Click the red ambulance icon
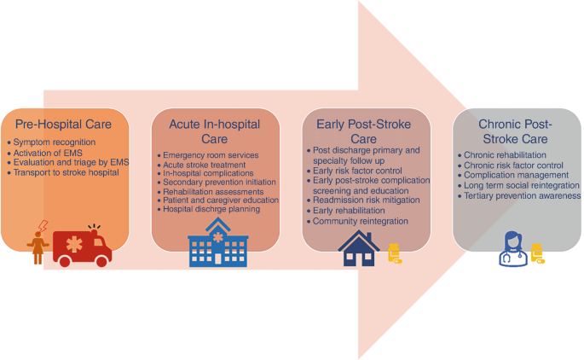pos(83,246)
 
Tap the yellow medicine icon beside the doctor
pos(537,253)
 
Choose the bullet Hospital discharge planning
pos(211,209)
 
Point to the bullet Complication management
pos(513,175)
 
